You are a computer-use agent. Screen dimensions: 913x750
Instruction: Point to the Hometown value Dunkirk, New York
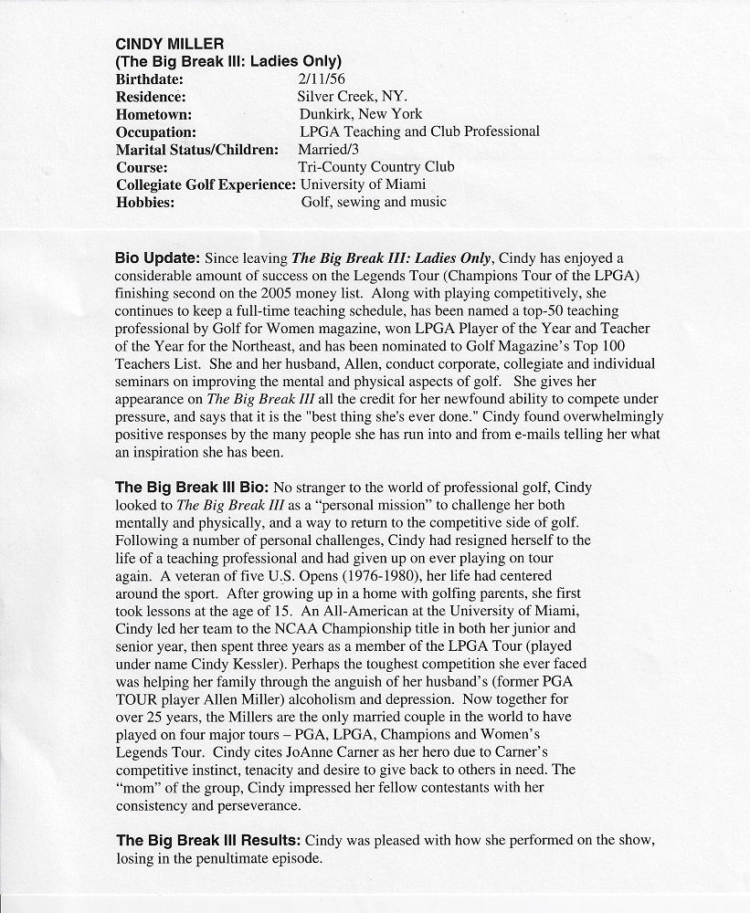[360, 114]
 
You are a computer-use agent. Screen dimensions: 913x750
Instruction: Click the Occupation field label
[156, 131]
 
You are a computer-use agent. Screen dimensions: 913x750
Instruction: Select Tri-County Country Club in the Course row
[375, 166]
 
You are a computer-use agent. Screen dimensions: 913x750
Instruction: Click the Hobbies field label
[145, 201]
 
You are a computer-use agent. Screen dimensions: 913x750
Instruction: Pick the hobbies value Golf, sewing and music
[374, 201]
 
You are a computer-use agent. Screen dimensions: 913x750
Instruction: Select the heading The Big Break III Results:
[208, 839]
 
